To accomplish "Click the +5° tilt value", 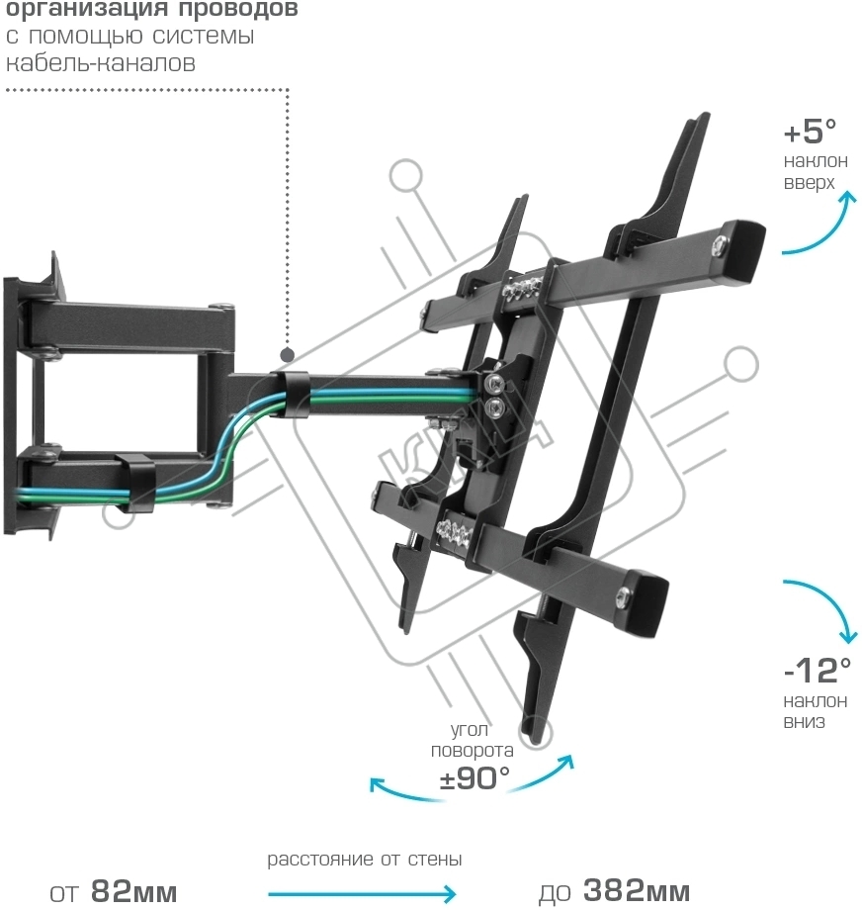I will pyautogui.click(x=810, y=131).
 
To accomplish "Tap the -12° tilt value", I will pyautogui.click(x=817, y=671).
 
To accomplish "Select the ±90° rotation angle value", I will pyautogui.click(x=474, y=776).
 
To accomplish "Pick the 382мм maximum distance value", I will pyautogui.click(x=636, y=890).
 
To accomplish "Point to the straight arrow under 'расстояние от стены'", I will pyautogui.click(x=362, y=893).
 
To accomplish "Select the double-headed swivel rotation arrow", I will pyautogui.click(x=471, y=791).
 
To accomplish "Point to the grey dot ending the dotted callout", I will pyautogui.click(x=288, y=353).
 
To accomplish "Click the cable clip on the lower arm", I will pyautogui.click(x=133, y=480).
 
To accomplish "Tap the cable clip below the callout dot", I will pyautogui.click(x=290, y=394).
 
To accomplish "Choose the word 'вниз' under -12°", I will pyautogui.click(x=804, y=722).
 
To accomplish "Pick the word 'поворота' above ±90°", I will pyautogui.click(x=472, y=751).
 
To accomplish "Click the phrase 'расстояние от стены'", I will pyautogui.click(x=365, y=860).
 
